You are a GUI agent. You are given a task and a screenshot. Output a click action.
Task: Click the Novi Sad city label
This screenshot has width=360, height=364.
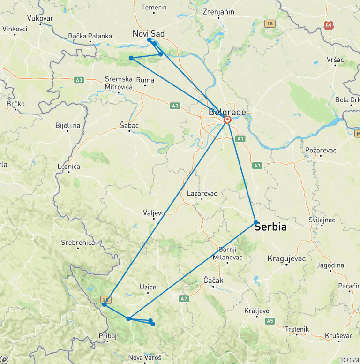coord(149,33)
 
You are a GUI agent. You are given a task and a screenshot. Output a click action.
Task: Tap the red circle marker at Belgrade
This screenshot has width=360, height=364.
coord(227,120)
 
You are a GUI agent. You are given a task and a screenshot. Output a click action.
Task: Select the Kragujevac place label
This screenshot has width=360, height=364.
coord(286,258)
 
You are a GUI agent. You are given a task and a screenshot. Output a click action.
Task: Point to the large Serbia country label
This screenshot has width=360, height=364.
coord(270,227)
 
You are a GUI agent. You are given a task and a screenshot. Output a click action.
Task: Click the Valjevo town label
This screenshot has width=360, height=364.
coord(154,213)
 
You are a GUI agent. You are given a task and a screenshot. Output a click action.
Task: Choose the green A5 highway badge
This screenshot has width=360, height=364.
coord(270,321)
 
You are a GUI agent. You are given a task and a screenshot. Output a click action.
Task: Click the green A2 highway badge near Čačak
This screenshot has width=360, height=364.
coord(184,298)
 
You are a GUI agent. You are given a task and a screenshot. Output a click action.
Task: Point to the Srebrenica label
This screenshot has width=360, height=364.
coord(78,243)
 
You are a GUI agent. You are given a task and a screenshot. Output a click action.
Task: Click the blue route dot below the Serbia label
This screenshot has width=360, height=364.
coord(256,222)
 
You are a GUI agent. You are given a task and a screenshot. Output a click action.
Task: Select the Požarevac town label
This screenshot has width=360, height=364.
coord(321,150)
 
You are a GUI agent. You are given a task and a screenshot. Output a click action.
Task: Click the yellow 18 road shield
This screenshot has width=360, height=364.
coord(269,23)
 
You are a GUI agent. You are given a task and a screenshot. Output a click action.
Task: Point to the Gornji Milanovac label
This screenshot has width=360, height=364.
coord(227,253)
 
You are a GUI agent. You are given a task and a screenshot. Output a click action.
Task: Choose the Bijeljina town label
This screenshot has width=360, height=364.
coord(68,126)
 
